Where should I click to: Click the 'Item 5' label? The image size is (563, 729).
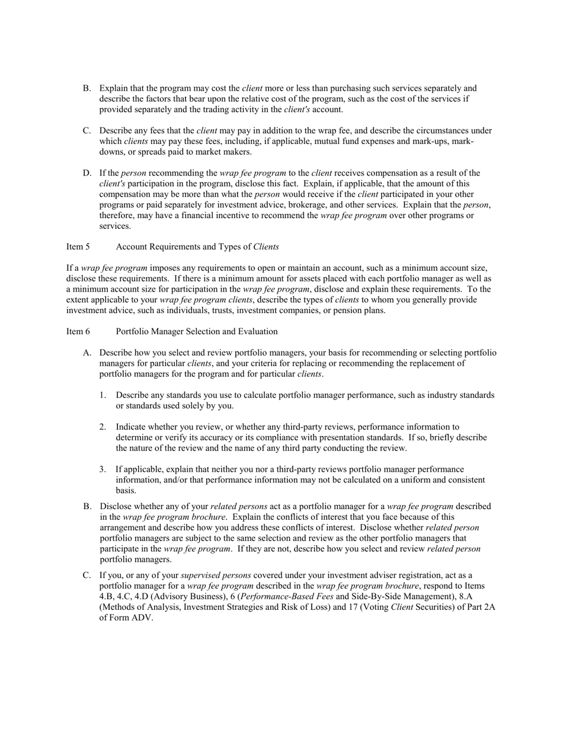point(78,247)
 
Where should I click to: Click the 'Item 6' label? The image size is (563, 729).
point(78,331)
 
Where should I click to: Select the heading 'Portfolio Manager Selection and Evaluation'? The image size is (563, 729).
point(197,331)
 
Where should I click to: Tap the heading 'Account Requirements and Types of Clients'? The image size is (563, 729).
point(197,247)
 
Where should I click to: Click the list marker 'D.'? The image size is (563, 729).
point(87,173)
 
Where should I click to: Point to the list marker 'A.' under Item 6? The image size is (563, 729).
point(87,353)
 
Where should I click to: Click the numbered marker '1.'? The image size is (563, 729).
point(103,395)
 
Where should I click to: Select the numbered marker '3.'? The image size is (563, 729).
point(103,469)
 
